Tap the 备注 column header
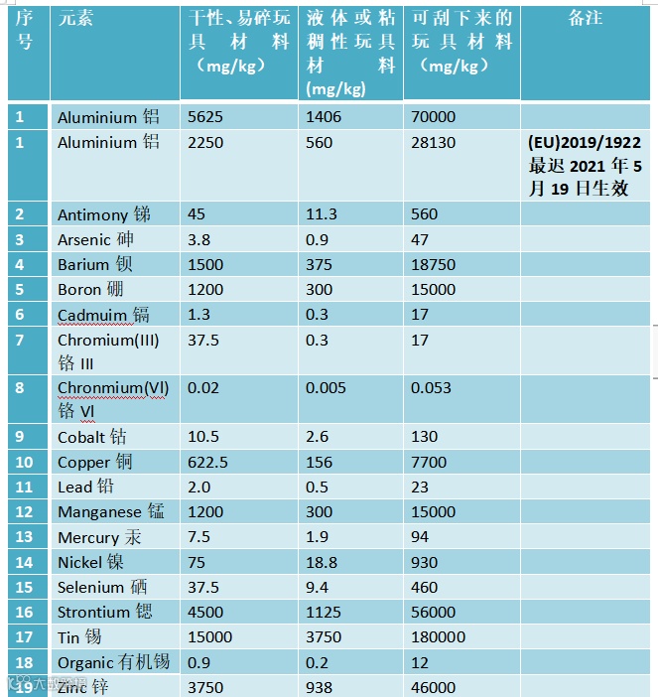click(586, 19)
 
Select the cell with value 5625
click(205, 117)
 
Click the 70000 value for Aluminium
click(434, 117)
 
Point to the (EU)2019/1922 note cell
click(585, 165)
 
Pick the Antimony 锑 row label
click(104, 214)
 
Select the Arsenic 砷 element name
click(95, 239)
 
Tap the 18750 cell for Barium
click(434, 265)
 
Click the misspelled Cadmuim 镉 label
click(103, 315)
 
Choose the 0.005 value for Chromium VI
click(328, 388)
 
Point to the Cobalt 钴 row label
click(92, 437)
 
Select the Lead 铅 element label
click(85, 488)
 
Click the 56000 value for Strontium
click(434, 612)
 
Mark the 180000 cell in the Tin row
click(438, 637)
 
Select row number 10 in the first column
click(24, 463)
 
